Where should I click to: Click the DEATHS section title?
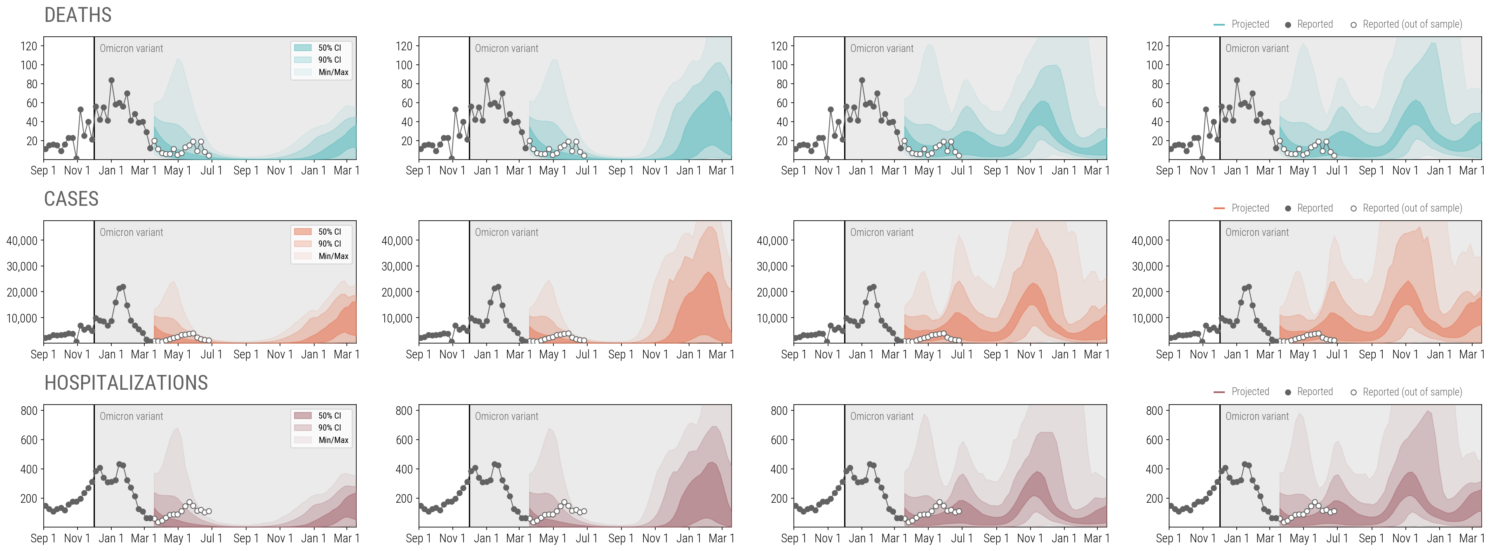coord(78,15)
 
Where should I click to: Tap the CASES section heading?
coord(71,199)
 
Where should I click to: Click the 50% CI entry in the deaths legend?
coord(329,47)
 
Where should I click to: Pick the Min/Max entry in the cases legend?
coord(333,256)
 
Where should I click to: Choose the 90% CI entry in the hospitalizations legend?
coord(329,428)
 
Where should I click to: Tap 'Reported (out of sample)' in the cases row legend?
coord(1412,208)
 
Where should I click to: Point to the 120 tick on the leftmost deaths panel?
coord(28,46)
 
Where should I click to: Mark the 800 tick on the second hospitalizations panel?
coord(404,411)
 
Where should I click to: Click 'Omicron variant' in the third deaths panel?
coord(882,49)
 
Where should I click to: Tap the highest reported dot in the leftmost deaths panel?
coord(111,80)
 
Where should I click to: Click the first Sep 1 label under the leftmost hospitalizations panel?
coord(43,538)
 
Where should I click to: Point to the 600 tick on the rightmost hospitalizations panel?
coord(1154,440)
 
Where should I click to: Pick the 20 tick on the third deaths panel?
coord(781,141)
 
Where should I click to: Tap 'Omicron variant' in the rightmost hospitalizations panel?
coord(1257,416)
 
